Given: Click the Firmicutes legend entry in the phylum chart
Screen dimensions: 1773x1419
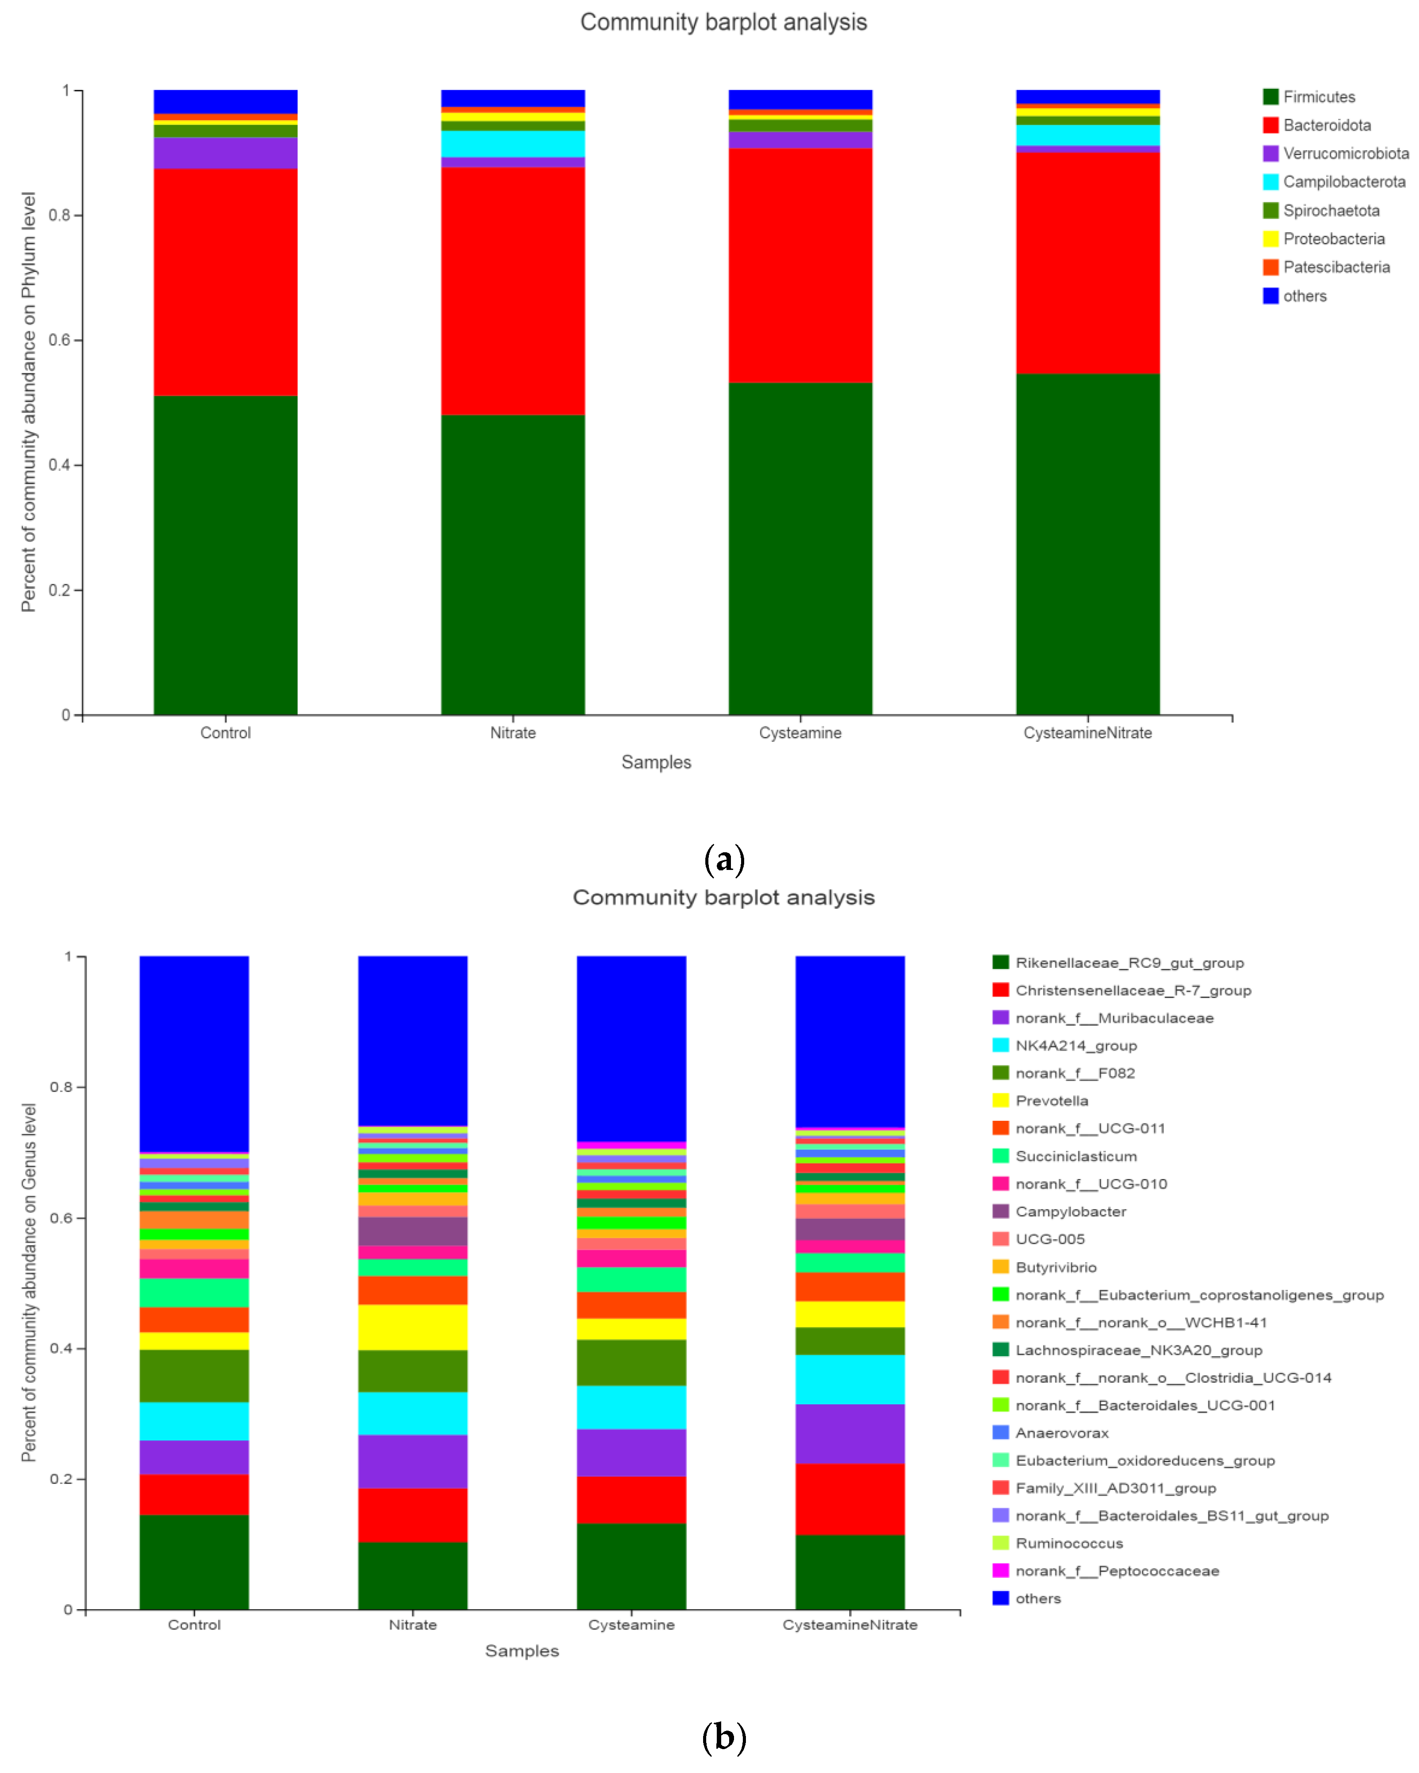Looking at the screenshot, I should click(x=1318, y=97).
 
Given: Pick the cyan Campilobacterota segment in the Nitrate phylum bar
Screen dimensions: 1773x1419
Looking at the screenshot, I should click(x=512, y=144).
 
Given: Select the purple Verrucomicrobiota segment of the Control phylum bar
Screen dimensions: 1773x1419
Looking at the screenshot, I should click(x=225, y=153).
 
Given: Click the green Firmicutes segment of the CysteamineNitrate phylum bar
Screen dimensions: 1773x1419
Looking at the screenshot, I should click(x=1087, y=543).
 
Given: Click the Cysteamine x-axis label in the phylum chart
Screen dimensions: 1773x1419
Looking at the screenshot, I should click(x=799, y=733).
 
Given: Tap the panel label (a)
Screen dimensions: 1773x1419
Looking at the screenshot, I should click(x=724, y=859).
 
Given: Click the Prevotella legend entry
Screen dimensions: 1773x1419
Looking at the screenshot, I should click(x=1051, y=1101).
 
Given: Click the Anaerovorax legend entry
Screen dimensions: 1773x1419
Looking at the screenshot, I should click(x=1061, y=1433).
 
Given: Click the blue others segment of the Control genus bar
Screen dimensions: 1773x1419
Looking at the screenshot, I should click(x=194, y=1053).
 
